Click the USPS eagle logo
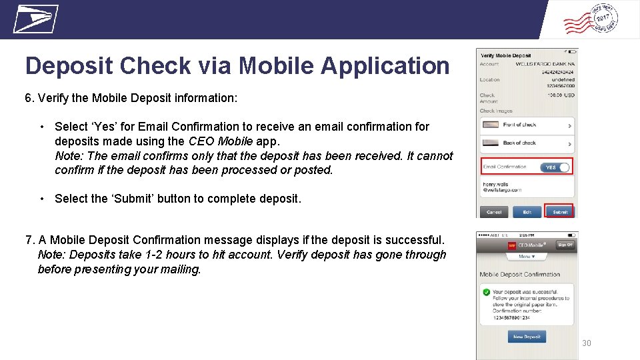tap(35, 18)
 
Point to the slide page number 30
tap(587, 343)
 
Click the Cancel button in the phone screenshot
tap(494, 212)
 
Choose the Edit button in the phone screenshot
tap(527, 212)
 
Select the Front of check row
tap(527, 125)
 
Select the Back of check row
tap(527, 143)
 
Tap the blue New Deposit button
tap(527, 337)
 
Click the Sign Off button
tap(565, 245)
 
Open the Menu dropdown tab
tap(526, 257)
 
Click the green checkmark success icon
tap(487, 292)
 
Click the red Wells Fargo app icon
tap(511, 246)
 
